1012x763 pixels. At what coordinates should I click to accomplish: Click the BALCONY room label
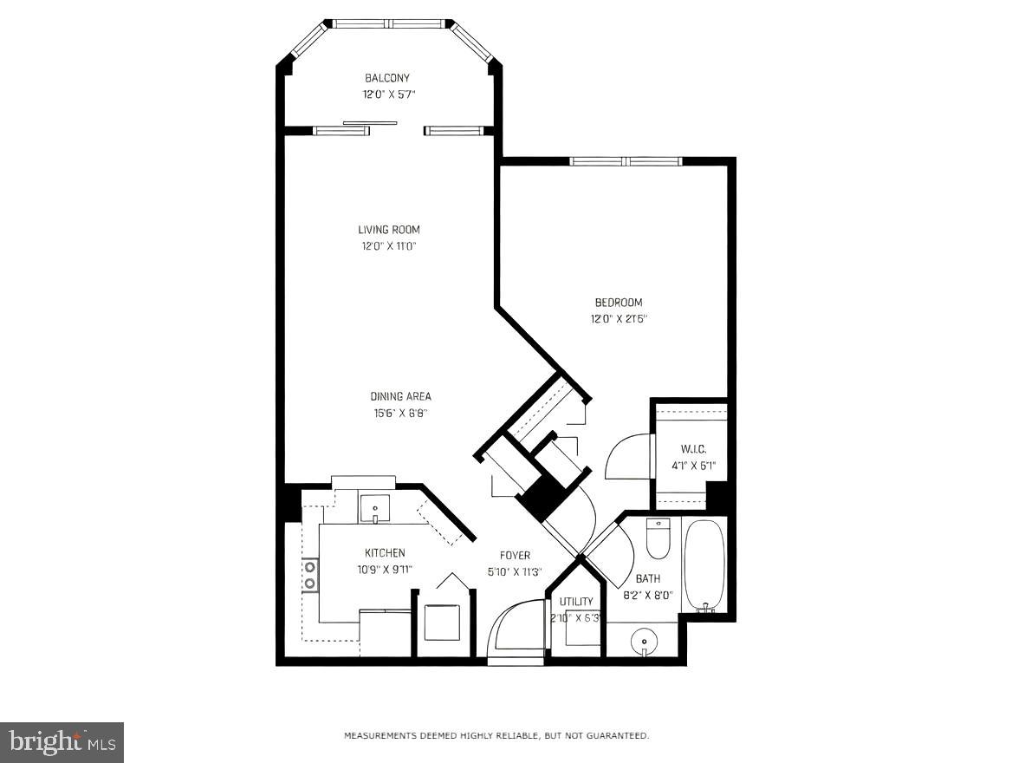386,78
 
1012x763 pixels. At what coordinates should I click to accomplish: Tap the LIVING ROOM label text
388,230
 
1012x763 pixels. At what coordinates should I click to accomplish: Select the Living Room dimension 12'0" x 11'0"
388,246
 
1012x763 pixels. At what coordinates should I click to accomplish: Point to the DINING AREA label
400,397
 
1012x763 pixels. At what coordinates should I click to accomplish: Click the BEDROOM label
618,303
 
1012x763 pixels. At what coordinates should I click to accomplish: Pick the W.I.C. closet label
693,449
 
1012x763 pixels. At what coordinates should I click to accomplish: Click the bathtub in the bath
704,565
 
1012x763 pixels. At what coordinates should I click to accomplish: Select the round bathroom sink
644,642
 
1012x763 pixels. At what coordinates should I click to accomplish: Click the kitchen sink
375,507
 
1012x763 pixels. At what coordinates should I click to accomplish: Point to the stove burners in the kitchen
309,576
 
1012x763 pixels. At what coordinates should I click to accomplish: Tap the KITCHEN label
385,553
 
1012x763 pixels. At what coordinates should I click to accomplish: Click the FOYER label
515,556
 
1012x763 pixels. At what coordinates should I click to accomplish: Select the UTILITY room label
576,602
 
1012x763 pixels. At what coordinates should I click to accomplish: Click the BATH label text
648,578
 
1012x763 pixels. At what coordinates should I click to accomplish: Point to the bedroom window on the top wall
626,161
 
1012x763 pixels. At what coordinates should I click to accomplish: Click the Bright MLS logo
62,742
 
